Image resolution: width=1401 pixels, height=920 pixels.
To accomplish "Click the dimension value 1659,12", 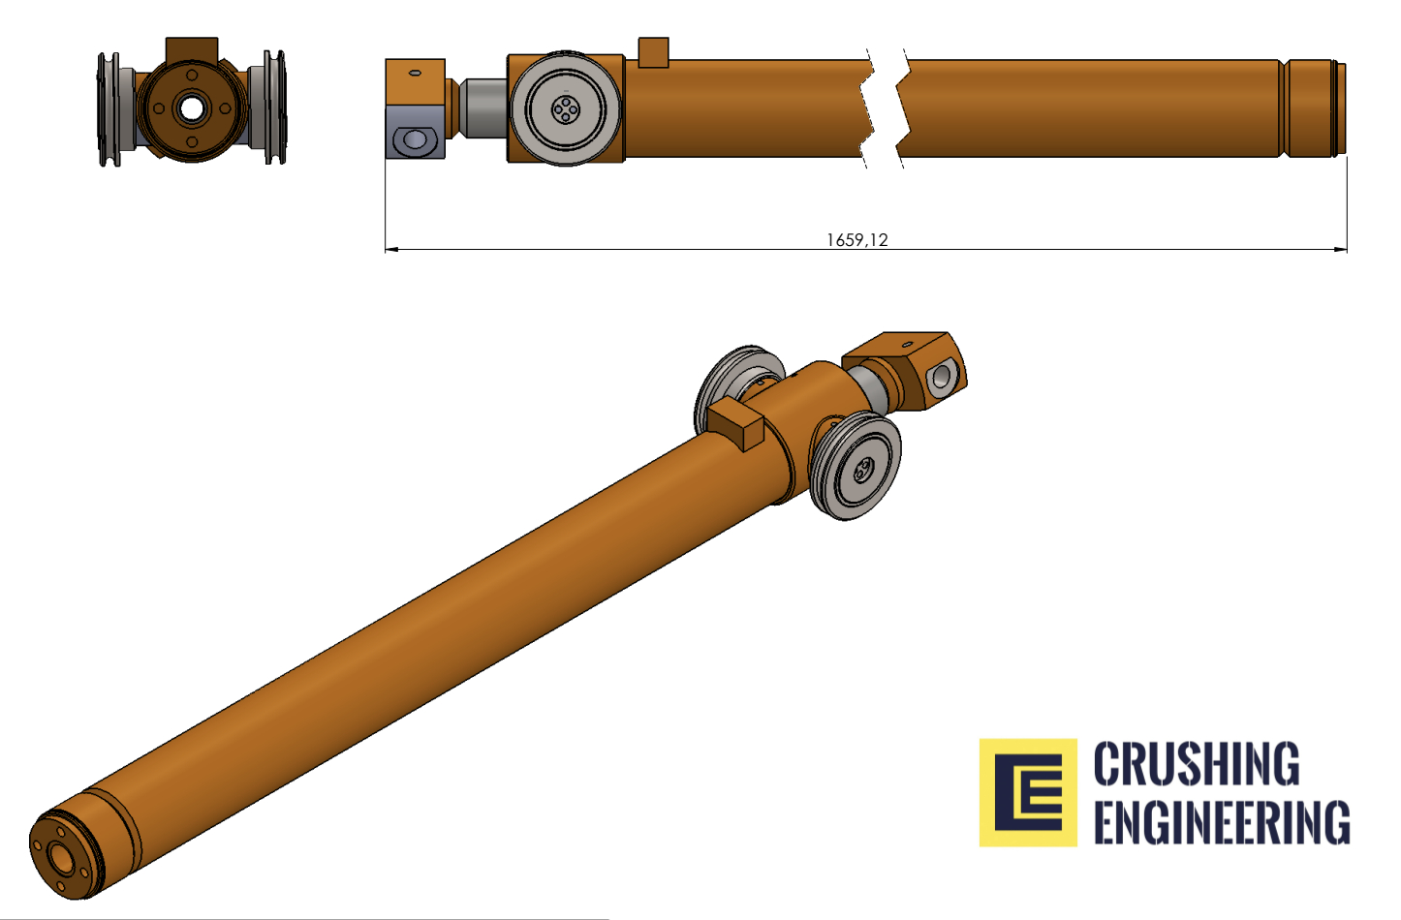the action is [856, 240].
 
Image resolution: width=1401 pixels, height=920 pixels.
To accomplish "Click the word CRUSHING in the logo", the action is [1197, 763].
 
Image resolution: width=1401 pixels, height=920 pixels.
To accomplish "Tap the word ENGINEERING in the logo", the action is [1222, 821].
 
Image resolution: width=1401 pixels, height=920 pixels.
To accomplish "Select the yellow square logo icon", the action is [1028, 792].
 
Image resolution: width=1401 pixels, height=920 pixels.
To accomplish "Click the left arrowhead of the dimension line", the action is [390, 250].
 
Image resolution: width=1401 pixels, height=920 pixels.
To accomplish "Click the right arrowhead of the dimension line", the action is [1340, 250].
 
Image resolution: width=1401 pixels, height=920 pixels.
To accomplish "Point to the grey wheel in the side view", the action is [566, 108].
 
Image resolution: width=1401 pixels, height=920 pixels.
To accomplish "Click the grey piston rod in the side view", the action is [483, 107].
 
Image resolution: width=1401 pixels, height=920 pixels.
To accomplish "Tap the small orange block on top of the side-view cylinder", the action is [653, 52].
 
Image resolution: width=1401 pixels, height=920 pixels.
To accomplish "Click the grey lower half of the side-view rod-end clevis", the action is [416, 132].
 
